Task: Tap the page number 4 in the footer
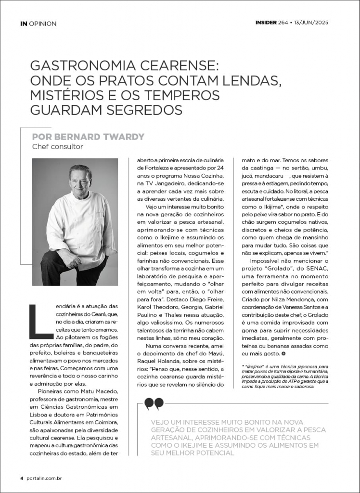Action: tap(22, 479)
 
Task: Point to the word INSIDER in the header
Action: tap(266, 23)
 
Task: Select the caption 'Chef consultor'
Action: tap(57, 146)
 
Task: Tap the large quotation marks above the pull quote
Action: tap(154, 403)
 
